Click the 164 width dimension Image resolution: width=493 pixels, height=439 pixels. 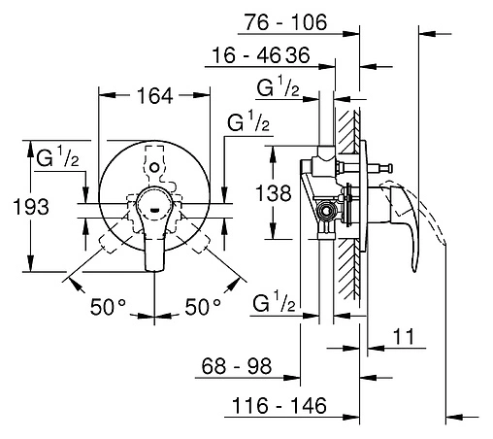155,96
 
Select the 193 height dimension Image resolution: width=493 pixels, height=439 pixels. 31,207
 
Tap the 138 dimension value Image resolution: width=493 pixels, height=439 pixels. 274,193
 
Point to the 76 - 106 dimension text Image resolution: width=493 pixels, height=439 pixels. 285,22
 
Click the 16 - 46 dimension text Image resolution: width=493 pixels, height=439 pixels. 246,55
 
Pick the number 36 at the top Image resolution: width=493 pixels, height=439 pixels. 298,55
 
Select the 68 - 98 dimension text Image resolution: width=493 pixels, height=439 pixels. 237,366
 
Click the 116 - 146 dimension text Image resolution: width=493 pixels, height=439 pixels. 279,406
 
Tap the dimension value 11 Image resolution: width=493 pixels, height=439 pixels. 404,336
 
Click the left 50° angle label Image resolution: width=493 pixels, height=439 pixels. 108,307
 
